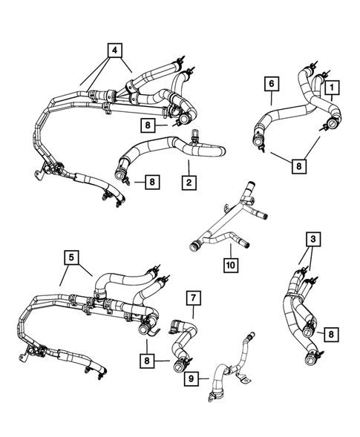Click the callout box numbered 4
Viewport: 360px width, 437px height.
(x=113, y=50)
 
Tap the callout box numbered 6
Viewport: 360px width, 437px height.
(x=271, y=84)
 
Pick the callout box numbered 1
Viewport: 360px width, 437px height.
(x=331, y=88)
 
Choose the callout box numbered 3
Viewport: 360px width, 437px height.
(x=314, y=240)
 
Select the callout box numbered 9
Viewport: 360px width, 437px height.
(x=191, y=378)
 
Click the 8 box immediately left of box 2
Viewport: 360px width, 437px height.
(x=151, y=180)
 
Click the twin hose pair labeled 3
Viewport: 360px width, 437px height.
(x=297, y=312)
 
